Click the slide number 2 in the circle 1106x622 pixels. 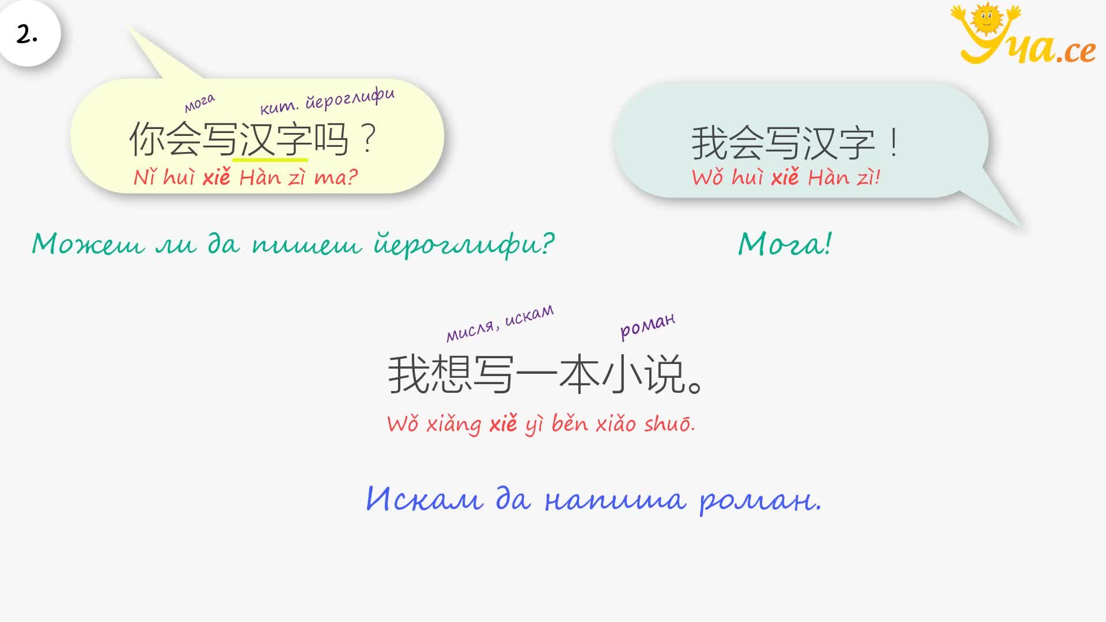pyautogui.click(x=26, y=35)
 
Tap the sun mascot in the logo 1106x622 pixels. pyautogui.click(x=986, y=19)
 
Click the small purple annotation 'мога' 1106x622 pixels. pyautogui.click(x=199, y=103)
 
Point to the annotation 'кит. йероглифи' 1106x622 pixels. pyautogui.click(x=327, y=101)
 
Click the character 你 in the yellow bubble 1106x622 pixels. pyautogui.click(x=147, y=139)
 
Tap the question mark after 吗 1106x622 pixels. pyautogui.click(x=368, y=139)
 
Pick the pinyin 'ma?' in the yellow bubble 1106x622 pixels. pyautogui.click(x=336, y=177)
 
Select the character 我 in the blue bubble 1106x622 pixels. pyautogui.click(x=710, y=143)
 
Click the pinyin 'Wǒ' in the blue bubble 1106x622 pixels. pyautogui.click(x=708, y=177)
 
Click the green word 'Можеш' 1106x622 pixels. pyautogui.click(x=88, y=244)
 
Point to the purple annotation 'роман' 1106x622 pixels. pyautogui.click(x=647, y=325)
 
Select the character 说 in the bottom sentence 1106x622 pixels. pyautogui.click(x=665, y=374)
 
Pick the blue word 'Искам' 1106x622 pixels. pyautogui.click(x=425, y=499)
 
